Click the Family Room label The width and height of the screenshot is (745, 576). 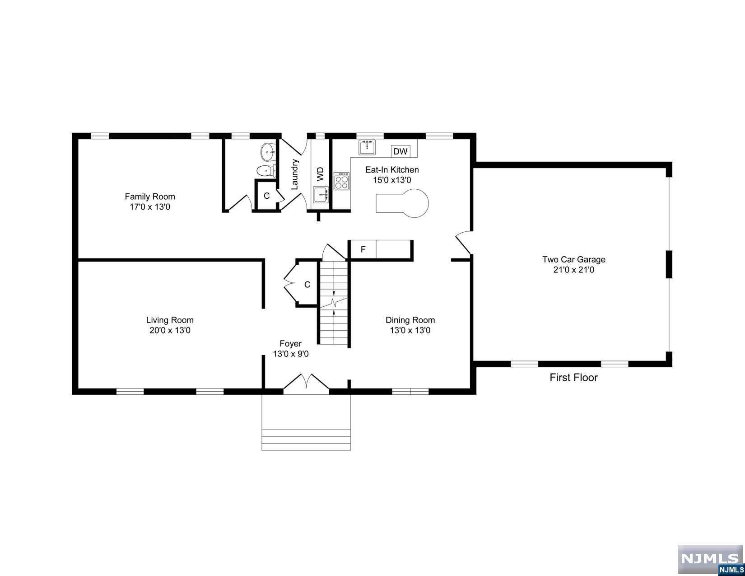coord(150,197)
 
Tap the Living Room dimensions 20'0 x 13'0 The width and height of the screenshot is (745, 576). coord(170,330)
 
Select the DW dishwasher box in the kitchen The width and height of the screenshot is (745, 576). coord(400,151)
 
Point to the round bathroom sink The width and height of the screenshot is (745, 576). coord(267,151)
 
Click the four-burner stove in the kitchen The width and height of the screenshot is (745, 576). coord(341,181)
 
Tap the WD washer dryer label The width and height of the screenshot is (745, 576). coord(320,174)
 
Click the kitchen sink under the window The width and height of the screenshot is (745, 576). coord(367,147)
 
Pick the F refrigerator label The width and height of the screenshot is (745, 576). coord(363,249)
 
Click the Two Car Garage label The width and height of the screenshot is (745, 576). coord(573,259)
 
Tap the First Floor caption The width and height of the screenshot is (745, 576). coord(573,377)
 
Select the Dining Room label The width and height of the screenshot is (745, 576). coord(410,320)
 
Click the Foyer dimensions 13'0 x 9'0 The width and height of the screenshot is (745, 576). coord(291,354)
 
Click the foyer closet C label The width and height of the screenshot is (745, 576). coord(307,285)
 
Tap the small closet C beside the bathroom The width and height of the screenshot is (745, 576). coord(266,196)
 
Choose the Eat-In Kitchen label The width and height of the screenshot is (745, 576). coord(392,169)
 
